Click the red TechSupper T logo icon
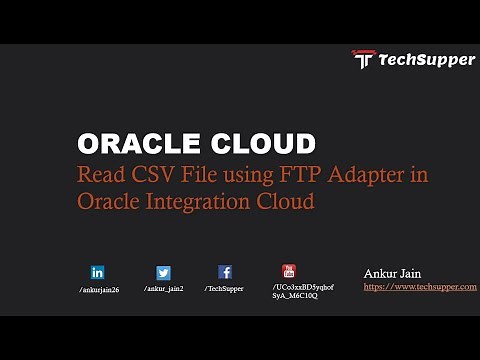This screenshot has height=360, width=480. point(363,59)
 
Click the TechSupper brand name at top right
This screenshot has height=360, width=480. point(426,60)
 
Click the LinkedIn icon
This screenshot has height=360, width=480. point(98,272)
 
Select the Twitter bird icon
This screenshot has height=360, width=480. point(163,272)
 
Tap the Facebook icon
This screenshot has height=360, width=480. point(225,272)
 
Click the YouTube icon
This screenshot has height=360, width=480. point(289,271)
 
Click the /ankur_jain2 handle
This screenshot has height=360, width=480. point(164,288)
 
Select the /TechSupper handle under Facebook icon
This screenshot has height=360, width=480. point(224,288)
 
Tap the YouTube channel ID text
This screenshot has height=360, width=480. point(302,292)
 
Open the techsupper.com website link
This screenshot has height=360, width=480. point(420,287)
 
